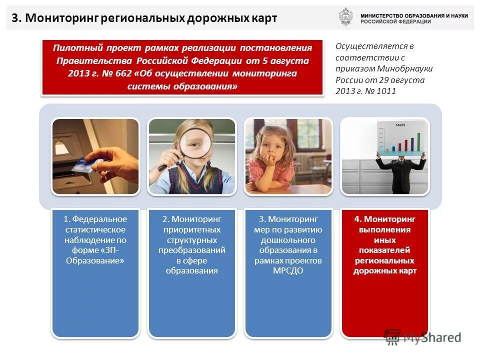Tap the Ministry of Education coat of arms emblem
345,17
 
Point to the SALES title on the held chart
400,124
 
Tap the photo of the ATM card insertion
95,156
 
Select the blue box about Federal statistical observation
95,272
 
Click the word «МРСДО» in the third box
287,271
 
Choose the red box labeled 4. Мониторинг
384,272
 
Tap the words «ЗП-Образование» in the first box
95,255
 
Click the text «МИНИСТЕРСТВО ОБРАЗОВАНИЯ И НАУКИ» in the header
414,16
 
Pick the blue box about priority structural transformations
191,272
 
